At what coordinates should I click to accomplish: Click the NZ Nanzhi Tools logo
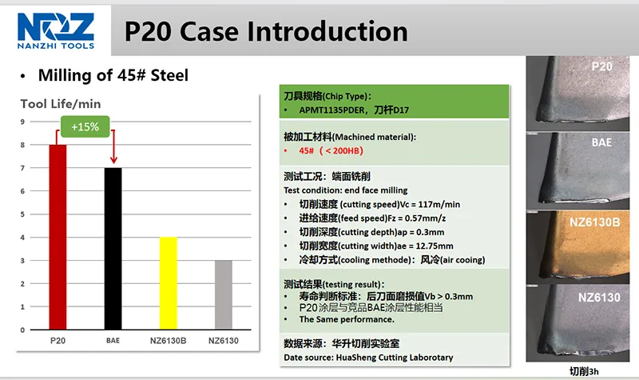[56, 30]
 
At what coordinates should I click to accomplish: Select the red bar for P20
[58, 237]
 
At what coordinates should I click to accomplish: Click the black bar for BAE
[113, 249]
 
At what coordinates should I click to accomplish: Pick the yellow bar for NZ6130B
[169, 283]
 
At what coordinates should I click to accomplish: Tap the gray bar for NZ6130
[224, 294]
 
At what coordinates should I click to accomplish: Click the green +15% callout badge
[85, 126]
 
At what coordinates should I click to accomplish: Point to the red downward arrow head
[113, 159]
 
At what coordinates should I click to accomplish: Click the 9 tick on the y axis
[22, 122]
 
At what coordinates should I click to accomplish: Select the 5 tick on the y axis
[22, 214]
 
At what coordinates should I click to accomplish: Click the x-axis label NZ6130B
[169, 341]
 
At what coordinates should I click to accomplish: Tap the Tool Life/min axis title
[61, 104]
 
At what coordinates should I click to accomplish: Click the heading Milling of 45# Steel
[113, 75]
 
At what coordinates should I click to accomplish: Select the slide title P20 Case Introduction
[266, 31]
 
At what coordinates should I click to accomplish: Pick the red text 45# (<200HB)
[331, 150]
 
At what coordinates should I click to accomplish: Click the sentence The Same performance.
[347, 319]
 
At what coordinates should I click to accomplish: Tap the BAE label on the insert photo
[601, 142]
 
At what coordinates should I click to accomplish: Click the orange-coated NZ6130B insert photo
[577, 247]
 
